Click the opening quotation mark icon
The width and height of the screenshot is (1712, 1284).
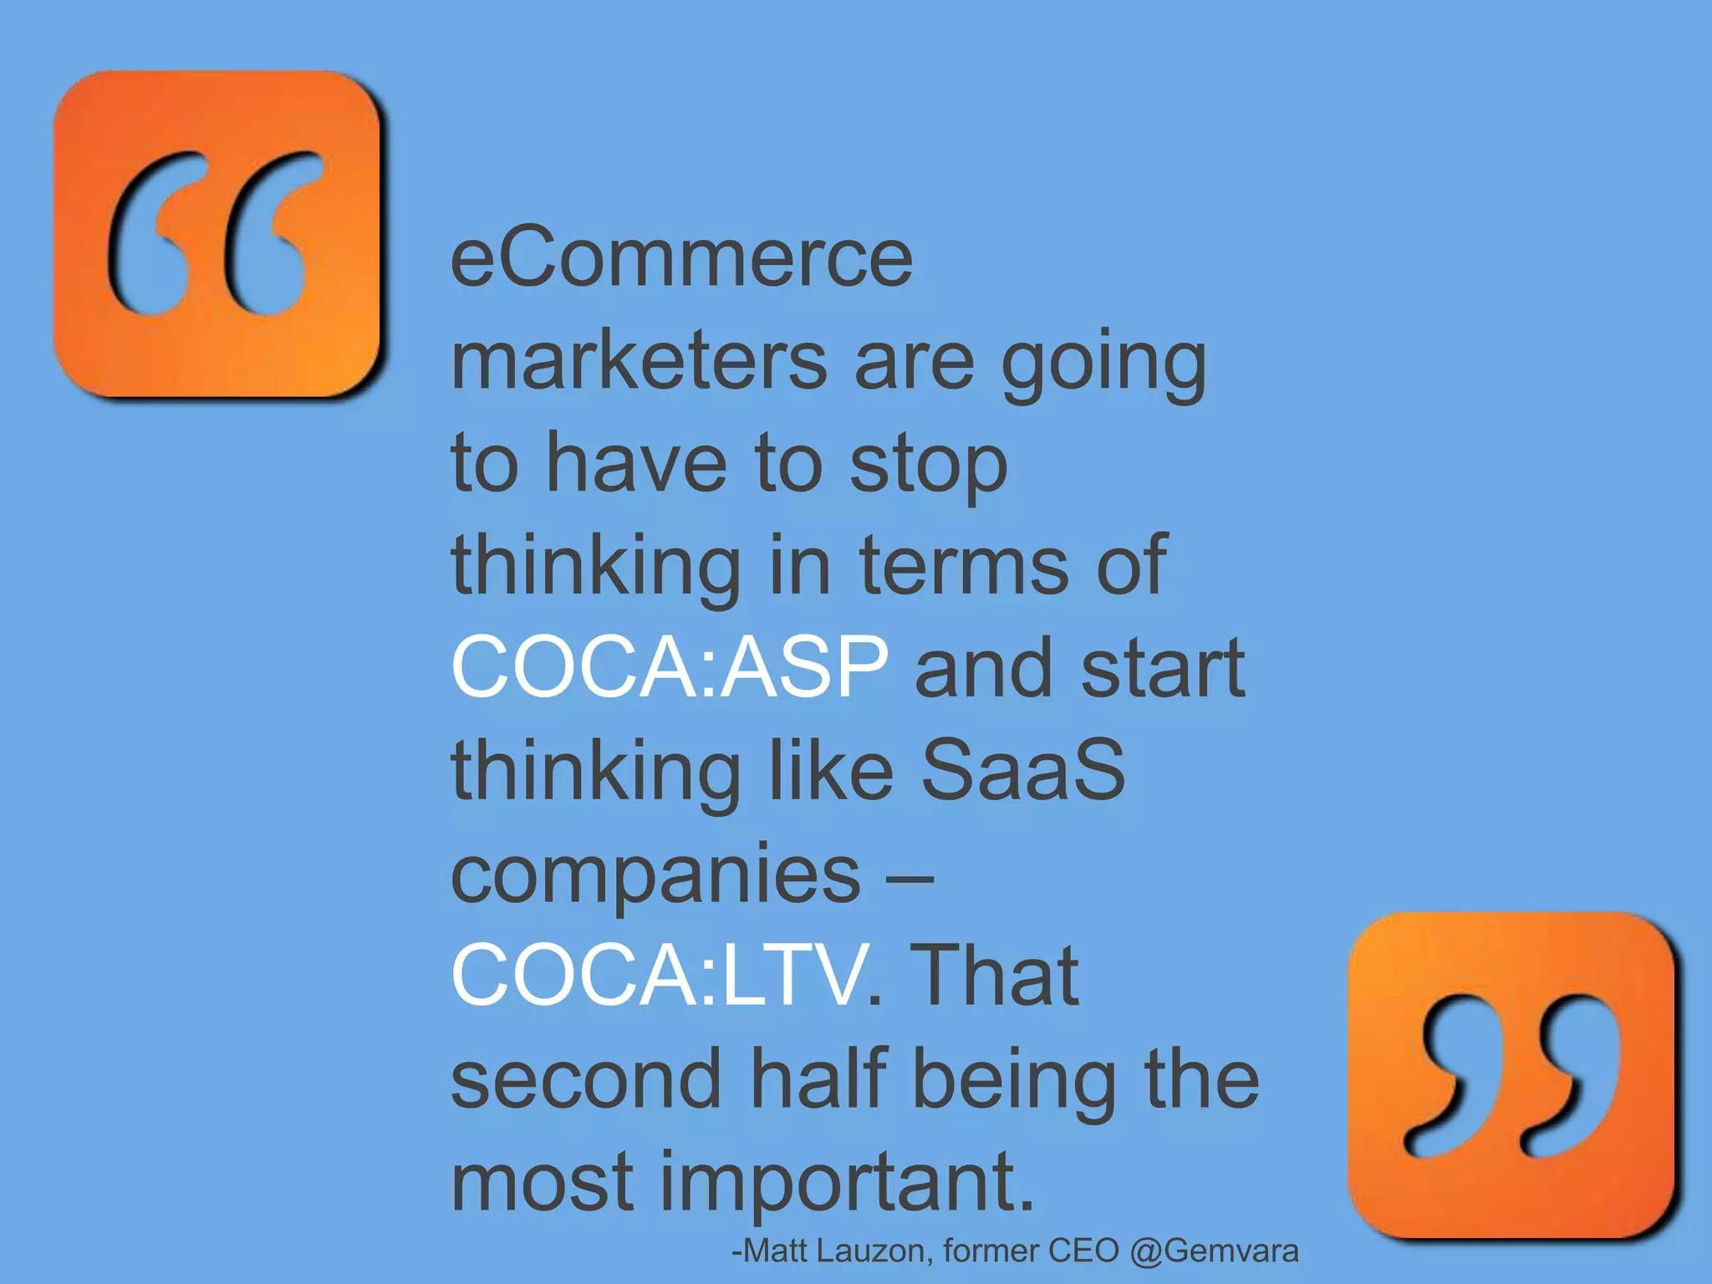pyautogui.click(x=217, y=233)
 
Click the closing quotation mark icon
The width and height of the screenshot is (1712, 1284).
pyautogui.click(x=1511, y=1075)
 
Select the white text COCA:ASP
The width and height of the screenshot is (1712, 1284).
pyautogui.click(x=670, y=667)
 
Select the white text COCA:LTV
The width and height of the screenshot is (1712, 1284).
pyautogui.click(x=659, y=975)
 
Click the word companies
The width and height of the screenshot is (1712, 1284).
pyautogui.click(x=655, y=874)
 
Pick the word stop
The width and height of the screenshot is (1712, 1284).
pyautogui.click(x=929, y=466)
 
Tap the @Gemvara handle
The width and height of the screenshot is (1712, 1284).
pyautogui.click(x=1214, y=1251)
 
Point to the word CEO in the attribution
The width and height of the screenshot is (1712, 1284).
pyautogui.click(x=1083, y=1251)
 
